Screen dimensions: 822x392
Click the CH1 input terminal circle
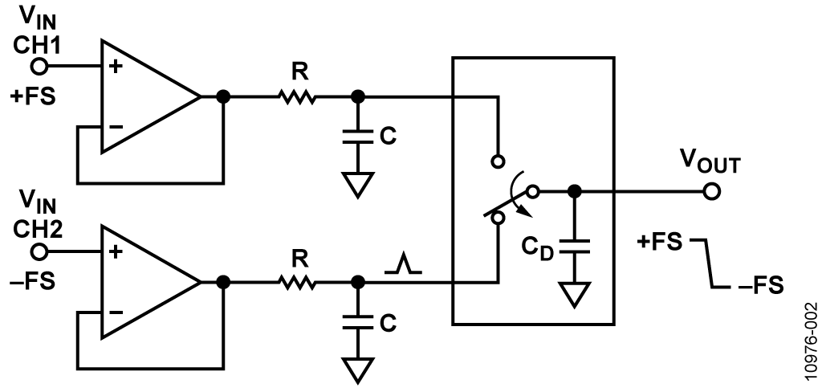click(x=39, y=67)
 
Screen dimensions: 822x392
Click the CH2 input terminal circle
click(x=39, y=252)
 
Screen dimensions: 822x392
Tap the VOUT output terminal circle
click(x=711, y=191)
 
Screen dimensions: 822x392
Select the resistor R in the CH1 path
click(x=297, y=97)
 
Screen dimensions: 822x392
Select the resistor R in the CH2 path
click(x=297, y=283)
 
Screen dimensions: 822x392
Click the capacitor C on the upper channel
click(x=357, y=136)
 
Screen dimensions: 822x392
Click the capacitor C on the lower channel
click(x=357, y=322)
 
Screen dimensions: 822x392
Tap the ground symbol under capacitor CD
click(x=575, y=294)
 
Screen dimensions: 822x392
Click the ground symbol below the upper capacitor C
click(x=357, y=185)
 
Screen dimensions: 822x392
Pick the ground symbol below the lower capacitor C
click(x=357, y=370)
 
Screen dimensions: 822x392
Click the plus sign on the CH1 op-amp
click(x=116, y=67)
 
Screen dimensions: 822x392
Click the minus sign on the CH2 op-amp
click(x=116, y=312)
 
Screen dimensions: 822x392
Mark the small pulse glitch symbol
click(x=403, y=263)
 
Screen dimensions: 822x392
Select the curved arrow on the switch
click(x=521, y=193)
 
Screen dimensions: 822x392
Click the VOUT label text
click(x=710, y=162)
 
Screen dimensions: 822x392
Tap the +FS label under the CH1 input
click(x=32, y=97)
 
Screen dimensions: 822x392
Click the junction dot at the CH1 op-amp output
click(x=223, y=97)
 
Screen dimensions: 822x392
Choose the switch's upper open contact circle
click(x=498, y=161)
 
